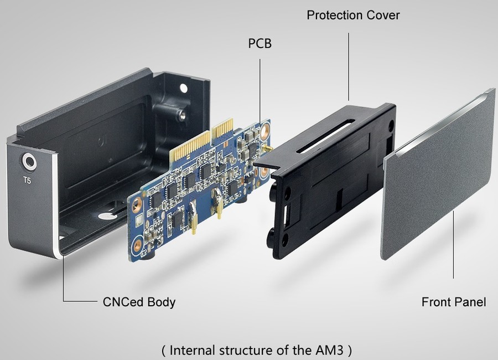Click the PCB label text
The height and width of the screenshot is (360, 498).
(x=260, y=43)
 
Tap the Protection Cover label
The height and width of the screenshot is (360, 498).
(x=353, y=15)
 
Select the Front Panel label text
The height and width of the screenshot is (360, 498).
(x=453, y=302)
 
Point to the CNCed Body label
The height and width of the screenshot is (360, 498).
(x=139, y=302)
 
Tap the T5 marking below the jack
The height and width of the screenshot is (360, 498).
(x=28, y=180)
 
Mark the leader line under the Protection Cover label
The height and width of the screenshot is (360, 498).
(x=349, y=66)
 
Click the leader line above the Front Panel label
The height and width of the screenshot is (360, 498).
(x=454, y=244)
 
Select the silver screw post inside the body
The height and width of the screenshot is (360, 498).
(x=180, y=115)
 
